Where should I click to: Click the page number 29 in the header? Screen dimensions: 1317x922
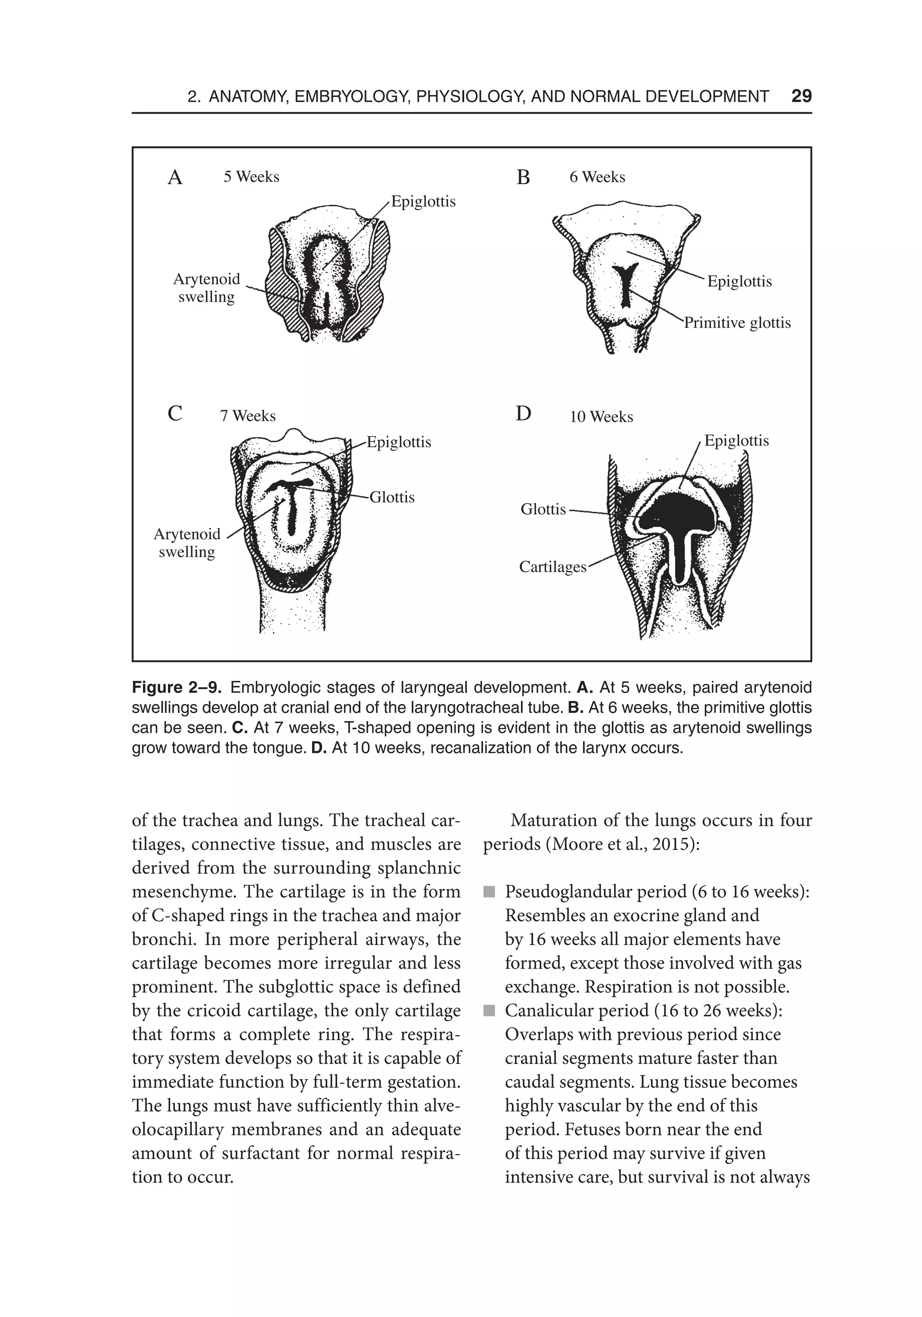[x=801, y=96]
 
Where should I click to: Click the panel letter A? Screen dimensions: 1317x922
[x=175, y=178]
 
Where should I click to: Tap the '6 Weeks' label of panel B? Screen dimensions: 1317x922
[x=597, y=177]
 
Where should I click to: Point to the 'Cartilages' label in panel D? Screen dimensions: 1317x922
[x=552, y=567]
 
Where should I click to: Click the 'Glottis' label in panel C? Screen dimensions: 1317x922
[x=392, y=497]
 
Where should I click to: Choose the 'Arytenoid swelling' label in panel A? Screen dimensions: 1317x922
[x=207, y=288]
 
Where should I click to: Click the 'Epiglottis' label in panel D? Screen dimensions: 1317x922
[x=736, y=441]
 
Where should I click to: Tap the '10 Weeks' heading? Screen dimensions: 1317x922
[x=601, y=417]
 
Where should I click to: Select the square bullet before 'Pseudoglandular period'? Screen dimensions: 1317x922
[x=489, y=892]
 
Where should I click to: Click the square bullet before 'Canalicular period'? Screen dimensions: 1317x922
[x=489, y=1010]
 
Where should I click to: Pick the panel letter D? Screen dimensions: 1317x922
[x=523, y=414]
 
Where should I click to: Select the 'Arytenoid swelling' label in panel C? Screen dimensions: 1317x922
[x=187, y=543]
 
